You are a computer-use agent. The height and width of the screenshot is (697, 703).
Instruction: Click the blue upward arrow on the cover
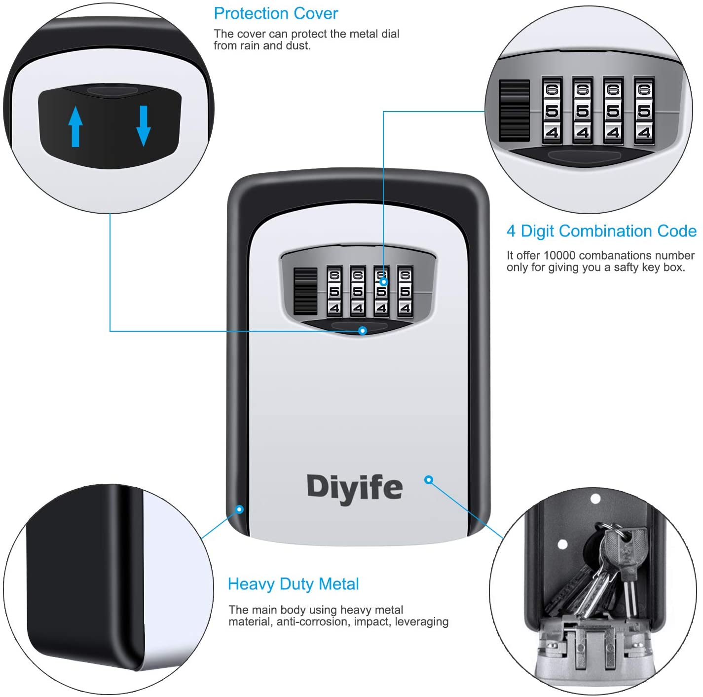[75, 126]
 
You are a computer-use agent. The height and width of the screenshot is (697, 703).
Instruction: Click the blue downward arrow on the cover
[144, 126]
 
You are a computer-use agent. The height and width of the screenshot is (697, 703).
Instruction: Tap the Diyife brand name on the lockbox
[355, 488]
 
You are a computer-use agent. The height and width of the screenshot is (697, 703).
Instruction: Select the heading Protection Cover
[276, 13]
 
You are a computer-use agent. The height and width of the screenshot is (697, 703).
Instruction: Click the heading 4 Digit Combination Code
[601, 231]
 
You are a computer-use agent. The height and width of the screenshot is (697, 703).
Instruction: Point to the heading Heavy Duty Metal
[294, 584]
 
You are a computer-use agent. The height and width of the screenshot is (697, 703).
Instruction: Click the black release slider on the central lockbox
[305, 291]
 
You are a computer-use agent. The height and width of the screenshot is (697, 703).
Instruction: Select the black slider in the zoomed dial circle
[514, 110]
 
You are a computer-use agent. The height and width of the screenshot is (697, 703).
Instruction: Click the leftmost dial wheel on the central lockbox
[334, 291]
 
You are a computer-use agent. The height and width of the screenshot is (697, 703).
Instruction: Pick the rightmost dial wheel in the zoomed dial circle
[644, 111]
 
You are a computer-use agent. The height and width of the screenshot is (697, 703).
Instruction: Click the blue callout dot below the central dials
[362, 331]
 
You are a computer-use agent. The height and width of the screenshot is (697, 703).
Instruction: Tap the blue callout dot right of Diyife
[429, 479]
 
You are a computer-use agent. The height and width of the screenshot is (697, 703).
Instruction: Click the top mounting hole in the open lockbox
[595, 499]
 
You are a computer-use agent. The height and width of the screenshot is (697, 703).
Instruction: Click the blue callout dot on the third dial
[383, 282]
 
